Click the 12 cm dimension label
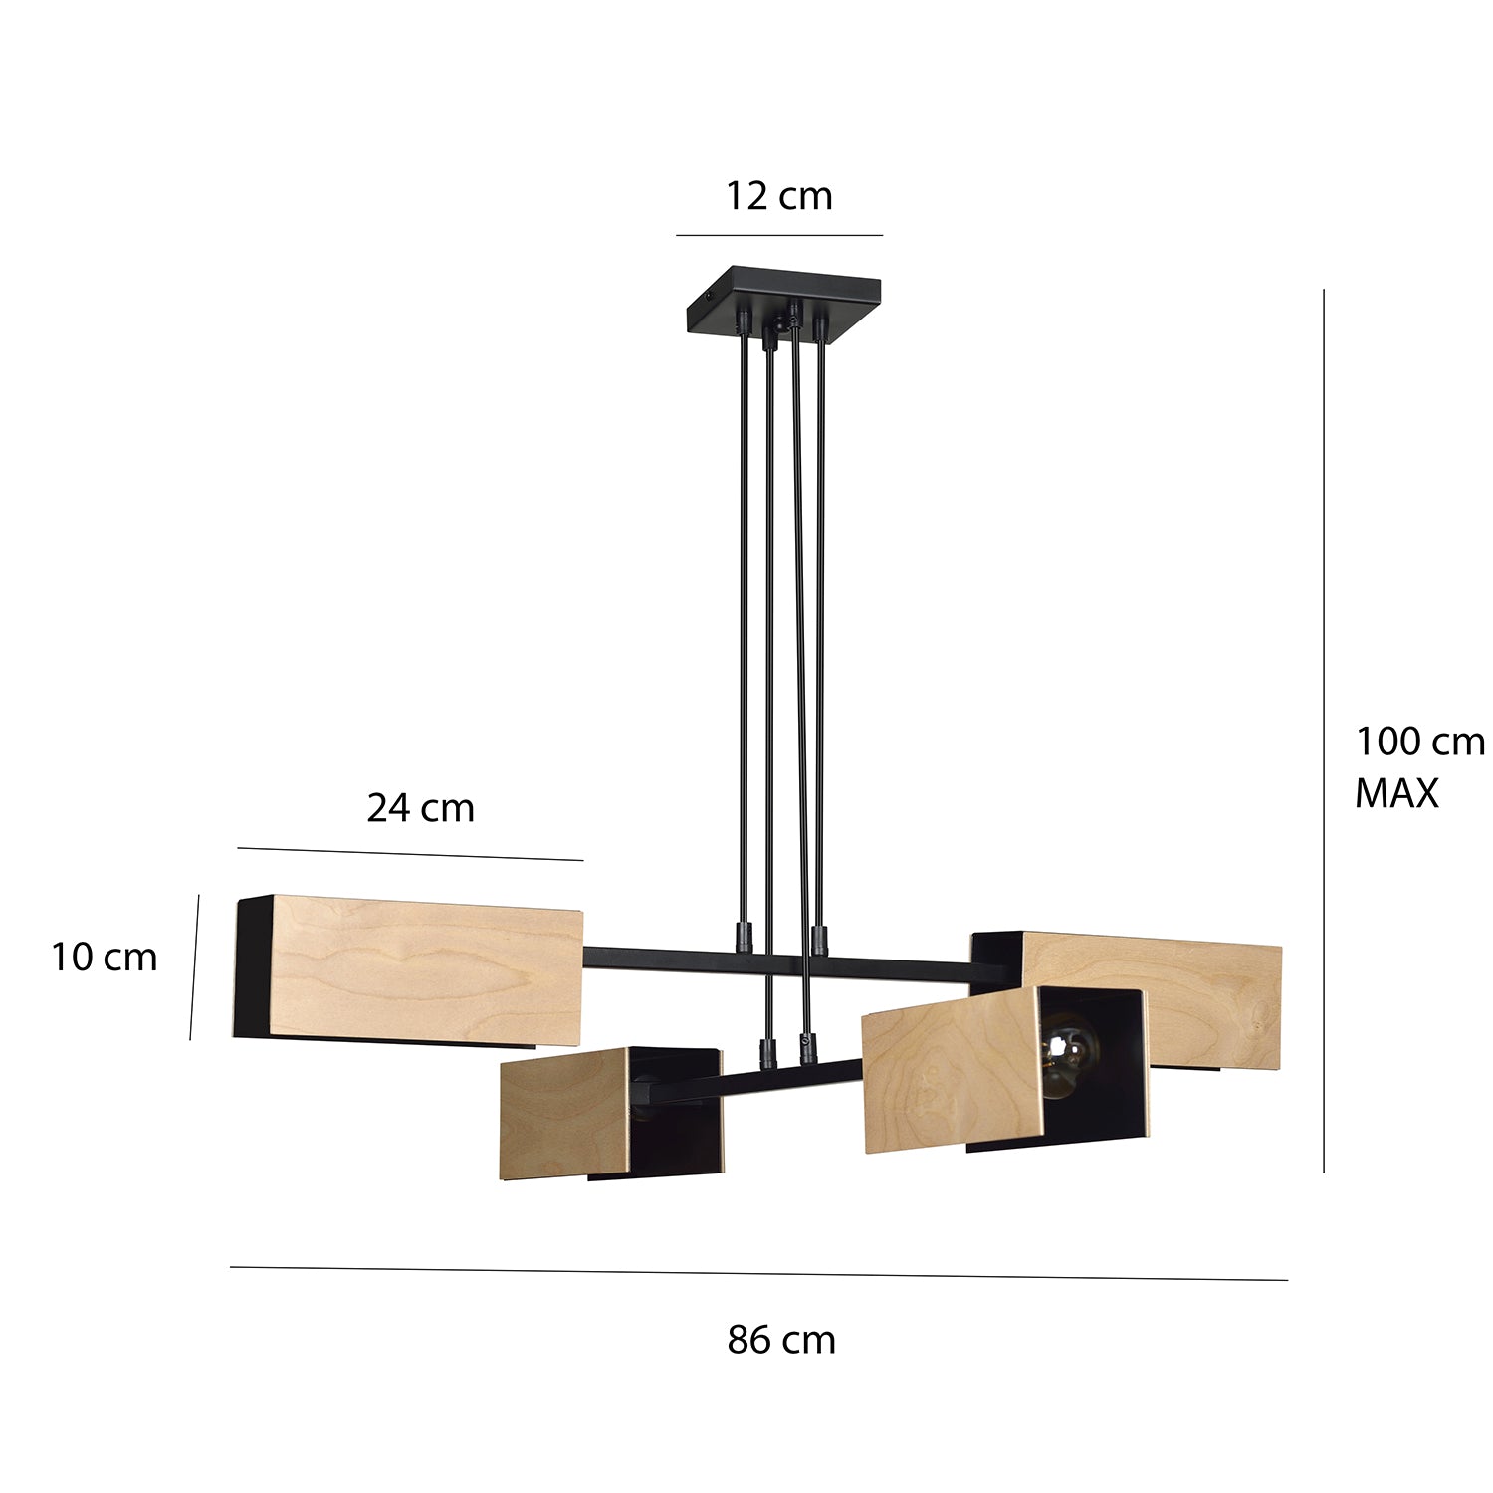click(x=777, y=196)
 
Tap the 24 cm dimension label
click(x=420, y=807)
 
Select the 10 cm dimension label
click(x=104, y=958)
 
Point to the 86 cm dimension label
click(x=780, y=1340)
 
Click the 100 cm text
click(x=1419, y=742)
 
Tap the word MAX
click(x=1396, y=793)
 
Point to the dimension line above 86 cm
click(x=758, y=1273)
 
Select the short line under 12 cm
click(x=778, y=235)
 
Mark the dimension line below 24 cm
click(x=410, y=854)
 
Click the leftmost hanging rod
click(x=744, y=627)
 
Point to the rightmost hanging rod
click(x=819, y=627)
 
